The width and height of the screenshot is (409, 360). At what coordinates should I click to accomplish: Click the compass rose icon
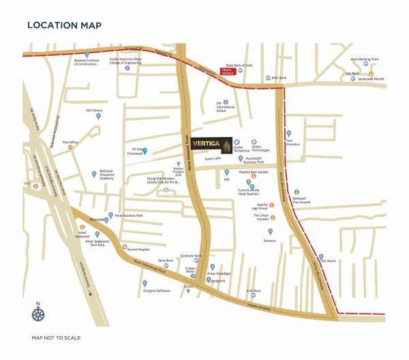[x=39, y=312]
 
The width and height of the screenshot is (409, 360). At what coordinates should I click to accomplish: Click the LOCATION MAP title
[x=64, y=26]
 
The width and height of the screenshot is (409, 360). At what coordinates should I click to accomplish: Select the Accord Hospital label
[x=140, y=247]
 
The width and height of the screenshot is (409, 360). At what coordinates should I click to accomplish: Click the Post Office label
[x=71, y=142]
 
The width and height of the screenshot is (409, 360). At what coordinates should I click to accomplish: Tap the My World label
[x=328, y=260]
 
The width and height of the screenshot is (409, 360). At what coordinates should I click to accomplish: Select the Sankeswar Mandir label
[x=371, y=79]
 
